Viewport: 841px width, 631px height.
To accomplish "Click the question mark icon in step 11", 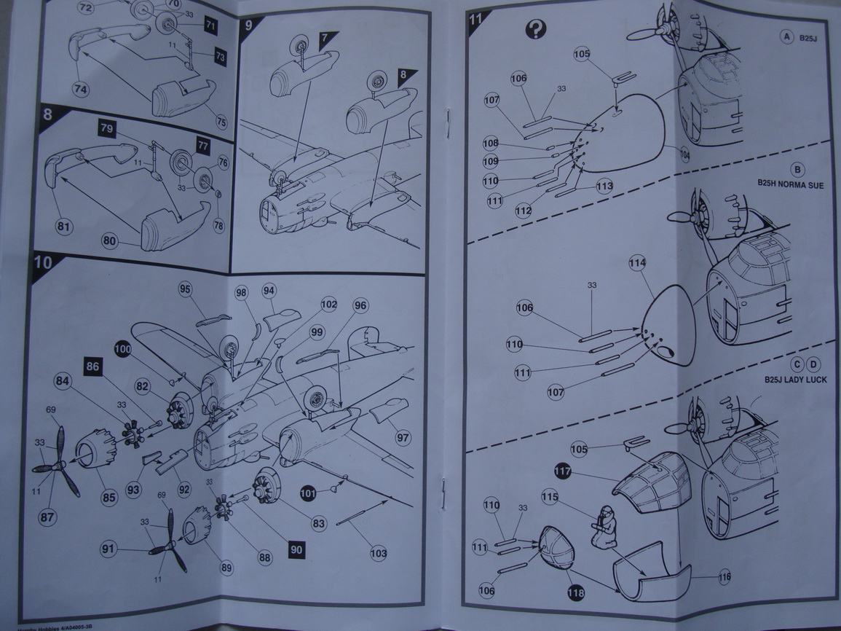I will (536, 29).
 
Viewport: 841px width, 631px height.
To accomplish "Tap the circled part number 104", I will (684, 155).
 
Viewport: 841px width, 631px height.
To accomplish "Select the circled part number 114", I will (637, 262).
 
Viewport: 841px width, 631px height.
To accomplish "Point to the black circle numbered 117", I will (561, 471).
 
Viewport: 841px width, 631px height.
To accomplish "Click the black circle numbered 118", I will (575, 594).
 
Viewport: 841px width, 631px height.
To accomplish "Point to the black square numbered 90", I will (296, 549).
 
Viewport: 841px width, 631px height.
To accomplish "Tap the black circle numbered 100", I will (123, 350).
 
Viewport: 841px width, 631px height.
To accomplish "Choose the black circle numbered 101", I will (309, 493).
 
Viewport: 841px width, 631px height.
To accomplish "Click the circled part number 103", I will (379, 553).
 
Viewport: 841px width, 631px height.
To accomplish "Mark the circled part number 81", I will (65, 227).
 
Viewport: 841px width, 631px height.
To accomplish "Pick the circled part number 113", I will (604, 185).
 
